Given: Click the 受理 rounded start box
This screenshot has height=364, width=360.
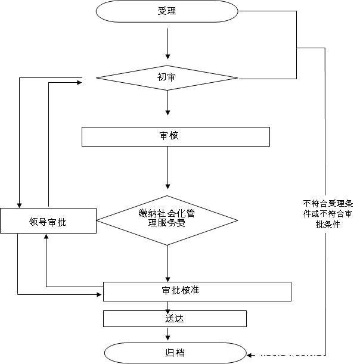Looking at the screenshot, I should tap(167, 11).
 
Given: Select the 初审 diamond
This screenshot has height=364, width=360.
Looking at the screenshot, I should tap(167, 77).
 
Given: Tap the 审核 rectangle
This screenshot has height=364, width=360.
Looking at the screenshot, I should tap(175, 136).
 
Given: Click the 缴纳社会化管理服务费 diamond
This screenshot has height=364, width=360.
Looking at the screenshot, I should tap(167, 219).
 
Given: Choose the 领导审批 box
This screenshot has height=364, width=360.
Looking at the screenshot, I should tap(48, 221).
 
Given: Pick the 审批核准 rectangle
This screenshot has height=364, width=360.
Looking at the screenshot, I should tap(197, 291).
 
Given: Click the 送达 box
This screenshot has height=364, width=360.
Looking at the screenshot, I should tap(175, 319).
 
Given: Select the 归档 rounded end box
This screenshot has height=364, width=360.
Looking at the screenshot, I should tap(175, 353).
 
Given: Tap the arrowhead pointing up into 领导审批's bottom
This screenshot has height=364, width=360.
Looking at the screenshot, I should tap(46, 238).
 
